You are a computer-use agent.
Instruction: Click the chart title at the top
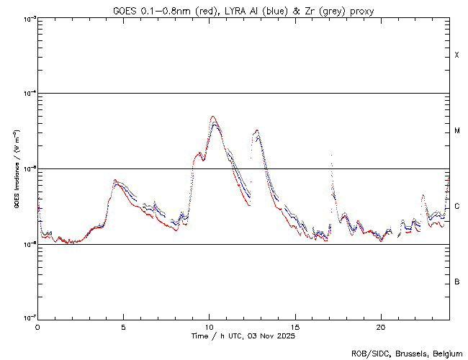point(243,11)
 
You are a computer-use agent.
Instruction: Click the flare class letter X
point(457,55)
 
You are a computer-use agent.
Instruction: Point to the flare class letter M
point(457,131)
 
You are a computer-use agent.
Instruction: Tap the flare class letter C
point(457,207)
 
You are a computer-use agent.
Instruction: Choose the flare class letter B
point(457,282)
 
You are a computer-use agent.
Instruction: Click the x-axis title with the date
point(243,336)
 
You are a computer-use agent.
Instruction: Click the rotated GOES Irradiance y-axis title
point(16,168)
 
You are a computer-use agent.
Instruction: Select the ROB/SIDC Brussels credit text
point(408,353)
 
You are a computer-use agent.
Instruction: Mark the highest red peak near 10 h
point(212,117)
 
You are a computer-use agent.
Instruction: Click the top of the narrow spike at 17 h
point(331,155)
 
